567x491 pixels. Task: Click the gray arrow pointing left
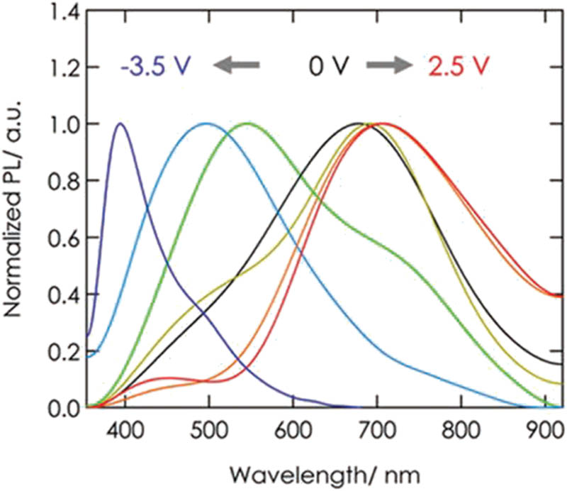pyautogui.click(x=237, y=66)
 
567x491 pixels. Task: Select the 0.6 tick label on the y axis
pyautogui.click(x=60, y=238)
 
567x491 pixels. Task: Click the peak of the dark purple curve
pyautogui.click(x=120, y=123)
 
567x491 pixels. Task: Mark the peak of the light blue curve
pyautogui.click(x=206, y=123)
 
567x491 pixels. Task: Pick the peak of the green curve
pyautogui.click(x=247, y=123)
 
